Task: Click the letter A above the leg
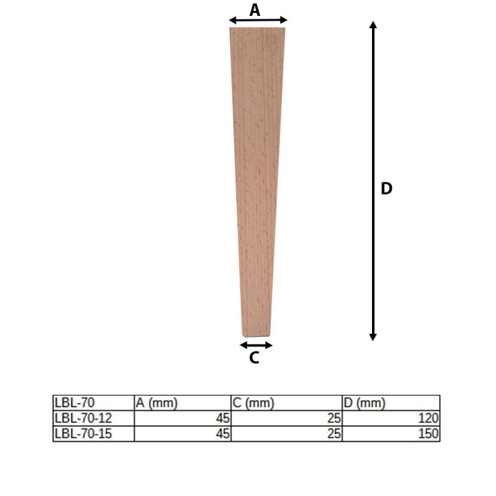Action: point(255,10)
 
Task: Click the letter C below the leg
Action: point(254,358)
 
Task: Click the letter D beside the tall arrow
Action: point(386,189)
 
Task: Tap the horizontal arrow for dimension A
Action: point(258,20)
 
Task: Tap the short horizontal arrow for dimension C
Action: point(256,345)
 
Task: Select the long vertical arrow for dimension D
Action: point(373,181)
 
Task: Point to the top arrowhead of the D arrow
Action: point(373,25)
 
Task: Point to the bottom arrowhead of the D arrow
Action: point(373,337)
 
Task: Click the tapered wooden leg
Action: point(256,182)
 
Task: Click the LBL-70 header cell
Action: point(74,403)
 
